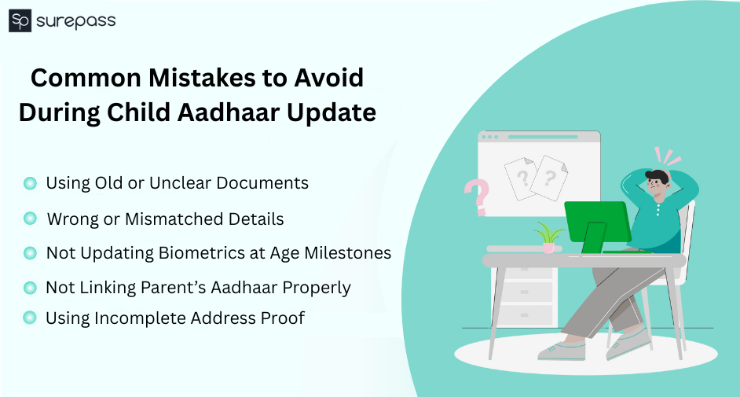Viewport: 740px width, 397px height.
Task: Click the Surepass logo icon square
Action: [x=20, y=21]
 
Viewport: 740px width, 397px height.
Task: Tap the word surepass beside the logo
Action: [x=75, y=21]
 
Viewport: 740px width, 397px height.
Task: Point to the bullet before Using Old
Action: [x=30, y=183]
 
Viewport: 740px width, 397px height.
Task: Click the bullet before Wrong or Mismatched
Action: [x=30, y=218]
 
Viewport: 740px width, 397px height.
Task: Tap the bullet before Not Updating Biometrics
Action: [x=30, y=252]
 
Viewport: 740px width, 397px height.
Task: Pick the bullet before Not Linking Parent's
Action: [x=30, y=287]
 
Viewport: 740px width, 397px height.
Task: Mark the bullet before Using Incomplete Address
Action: [x=30, y=318]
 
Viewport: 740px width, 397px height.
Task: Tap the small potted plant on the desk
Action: [x=548, y=237]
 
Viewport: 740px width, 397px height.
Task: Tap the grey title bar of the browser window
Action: [x=539, y=137]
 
